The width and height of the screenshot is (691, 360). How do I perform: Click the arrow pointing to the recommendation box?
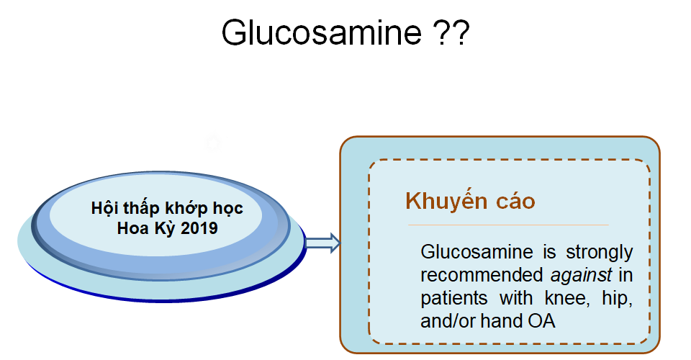click(322, 243)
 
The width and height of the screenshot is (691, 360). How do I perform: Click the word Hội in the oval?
click(106, 210)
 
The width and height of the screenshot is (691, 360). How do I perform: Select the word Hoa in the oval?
click(132, 229)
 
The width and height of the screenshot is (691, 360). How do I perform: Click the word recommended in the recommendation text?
click(482, 275)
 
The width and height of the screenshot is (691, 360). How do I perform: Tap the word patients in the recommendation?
click(454, 298)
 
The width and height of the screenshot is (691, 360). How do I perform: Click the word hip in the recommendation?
click(620, 298)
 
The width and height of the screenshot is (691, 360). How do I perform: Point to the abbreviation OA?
click(543, 320)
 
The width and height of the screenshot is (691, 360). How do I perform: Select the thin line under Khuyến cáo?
click(507, 225)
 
